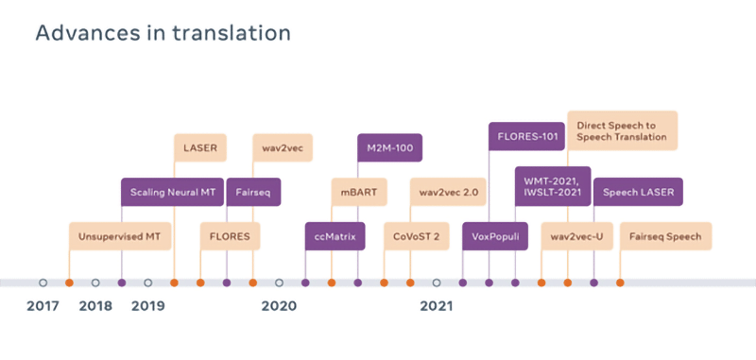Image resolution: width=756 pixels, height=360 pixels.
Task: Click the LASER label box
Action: click(x=200, y=147)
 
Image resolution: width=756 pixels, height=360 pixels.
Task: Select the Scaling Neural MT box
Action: click(x=172, y=193)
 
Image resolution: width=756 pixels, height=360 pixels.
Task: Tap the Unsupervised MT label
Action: click(x=120, y=236)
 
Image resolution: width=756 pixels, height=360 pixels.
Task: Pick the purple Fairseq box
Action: click(x=253, y=193)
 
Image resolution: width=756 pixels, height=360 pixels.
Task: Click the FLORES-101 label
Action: click(x=526, y=136)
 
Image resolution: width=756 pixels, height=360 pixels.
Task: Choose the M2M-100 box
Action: click(x=389, y=147)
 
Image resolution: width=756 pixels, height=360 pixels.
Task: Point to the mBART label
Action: click(x=359, y=193)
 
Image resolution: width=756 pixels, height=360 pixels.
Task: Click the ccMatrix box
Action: click(x=335, y=236)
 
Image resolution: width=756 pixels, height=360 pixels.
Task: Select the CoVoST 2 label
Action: click(x=417, y=236)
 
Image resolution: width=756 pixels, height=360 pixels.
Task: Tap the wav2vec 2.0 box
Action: click(x=448, y=193)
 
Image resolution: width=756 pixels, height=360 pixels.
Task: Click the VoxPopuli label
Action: click(x=495, y=236)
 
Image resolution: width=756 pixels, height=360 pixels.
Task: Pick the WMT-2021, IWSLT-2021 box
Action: click(x=553, y=186)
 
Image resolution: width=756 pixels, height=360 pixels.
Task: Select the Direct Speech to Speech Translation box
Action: click(x=623, y=130)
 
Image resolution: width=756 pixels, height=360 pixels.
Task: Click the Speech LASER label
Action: click(x=638, y=193)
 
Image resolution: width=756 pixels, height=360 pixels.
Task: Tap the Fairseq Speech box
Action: click(x=665, y=236)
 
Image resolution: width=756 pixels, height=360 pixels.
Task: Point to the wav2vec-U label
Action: click(x=576, y=236)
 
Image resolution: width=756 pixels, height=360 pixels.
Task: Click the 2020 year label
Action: click(x=279, y=306)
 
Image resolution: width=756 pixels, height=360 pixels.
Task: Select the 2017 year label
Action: click(x=43, y=306)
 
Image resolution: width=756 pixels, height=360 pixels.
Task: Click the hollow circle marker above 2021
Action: click(x=437, y=283)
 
